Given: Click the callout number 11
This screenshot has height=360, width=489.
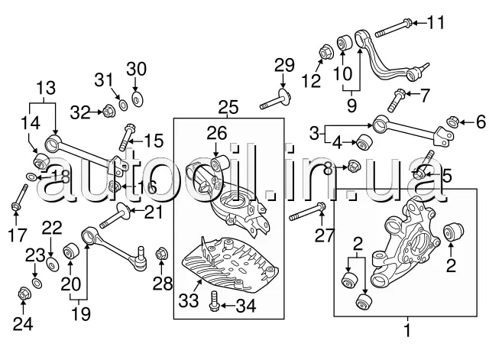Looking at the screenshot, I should pyautogui.click(x=435, y=21).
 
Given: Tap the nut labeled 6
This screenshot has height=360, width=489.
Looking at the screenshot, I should pyautogui.click(x=452, y=121).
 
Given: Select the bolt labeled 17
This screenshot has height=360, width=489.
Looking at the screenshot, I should pyautogui.click(x=15, y=206).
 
